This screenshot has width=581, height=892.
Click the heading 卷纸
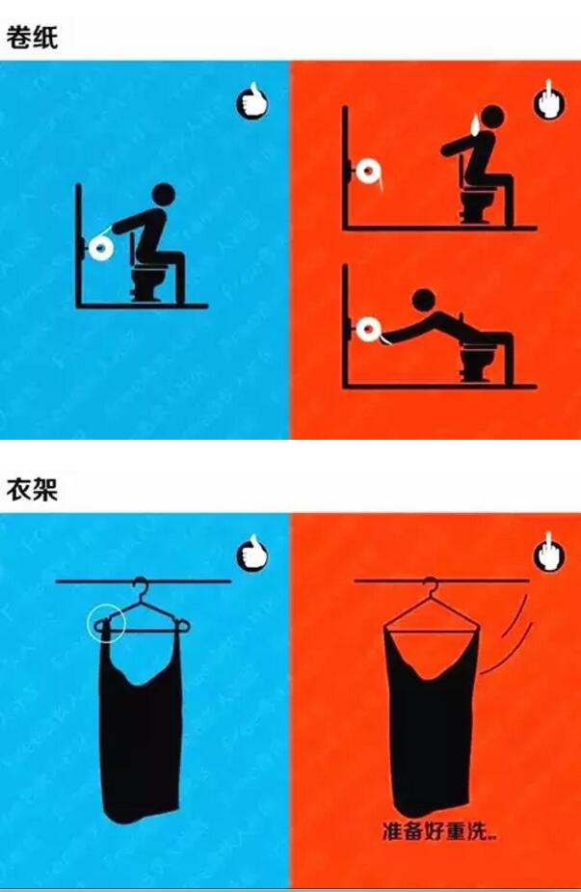pyautogui.click(x=32, y=38)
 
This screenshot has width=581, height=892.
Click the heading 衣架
pyautogui.click(x=32, y=489)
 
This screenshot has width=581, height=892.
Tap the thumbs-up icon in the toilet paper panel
pyautogui.click(x=251, y=102)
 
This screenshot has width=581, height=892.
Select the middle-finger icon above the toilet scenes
pyautogui.click(x=549, y=101)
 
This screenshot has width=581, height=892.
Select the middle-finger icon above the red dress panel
pyautogui.click(x=549, y=553)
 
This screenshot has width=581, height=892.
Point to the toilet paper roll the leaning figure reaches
pyautogui.click(x=368, y=330)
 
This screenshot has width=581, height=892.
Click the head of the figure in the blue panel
pyautogui.click(x=164, y=195)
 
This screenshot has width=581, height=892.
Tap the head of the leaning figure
pyautogui.click(x=424, y=300)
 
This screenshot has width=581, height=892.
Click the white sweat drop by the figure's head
pyautogui.click(x=474, y=124)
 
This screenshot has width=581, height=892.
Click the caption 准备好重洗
pyautogui.click(x=438, y=831)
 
